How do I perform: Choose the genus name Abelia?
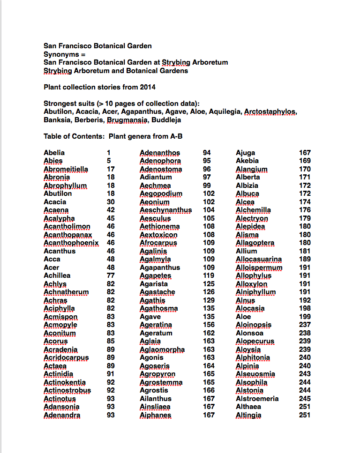point(54,153)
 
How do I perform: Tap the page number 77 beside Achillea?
point(111,275)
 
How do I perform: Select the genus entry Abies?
point(53,161)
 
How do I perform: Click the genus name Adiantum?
point(156,177)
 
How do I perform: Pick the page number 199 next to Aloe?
point(305,317)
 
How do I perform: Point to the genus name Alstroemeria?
point(257,399)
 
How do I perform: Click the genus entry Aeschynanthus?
point(165,210)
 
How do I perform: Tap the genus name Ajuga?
point(246,153)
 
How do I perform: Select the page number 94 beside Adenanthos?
point(207,153)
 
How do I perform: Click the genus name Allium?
point(247,251)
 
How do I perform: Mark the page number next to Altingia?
point(305,415)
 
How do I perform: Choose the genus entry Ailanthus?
point(156,399)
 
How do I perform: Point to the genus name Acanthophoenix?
point(71,243)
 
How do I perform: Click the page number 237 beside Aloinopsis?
point(305,325)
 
